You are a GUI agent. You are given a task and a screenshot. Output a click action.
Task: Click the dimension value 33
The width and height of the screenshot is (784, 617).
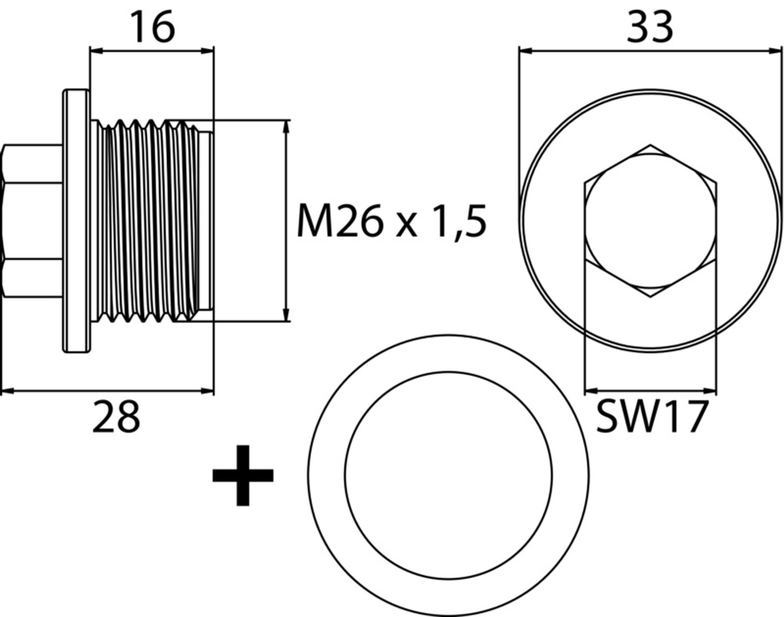click(x=650, y=27)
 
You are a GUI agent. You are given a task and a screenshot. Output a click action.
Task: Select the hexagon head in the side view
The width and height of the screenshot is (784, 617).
click(x=32, y=221)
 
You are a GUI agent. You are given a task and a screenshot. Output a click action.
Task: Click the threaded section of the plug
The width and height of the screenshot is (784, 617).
click(x=148, y=221)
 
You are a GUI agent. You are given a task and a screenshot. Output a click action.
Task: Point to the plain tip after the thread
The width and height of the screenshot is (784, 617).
click(x=206, y=221)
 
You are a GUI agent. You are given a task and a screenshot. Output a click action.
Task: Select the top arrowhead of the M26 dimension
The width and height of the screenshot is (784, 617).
click(x=286, y=126)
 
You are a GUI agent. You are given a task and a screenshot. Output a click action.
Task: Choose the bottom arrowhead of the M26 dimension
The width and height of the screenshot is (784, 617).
click(x=286, y=315)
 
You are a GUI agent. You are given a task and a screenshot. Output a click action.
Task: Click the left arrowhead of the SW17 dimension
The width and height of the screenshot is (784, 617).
click(x=591, y=391)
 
